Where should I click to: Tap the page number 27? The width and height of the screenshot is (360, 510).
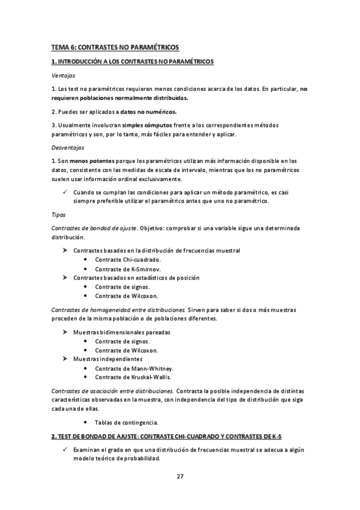point(180,476)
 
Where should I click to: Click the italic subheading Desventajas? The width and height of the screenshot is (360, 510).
point(67,147)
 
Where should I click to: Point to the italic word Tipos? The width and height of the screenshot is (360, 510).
point(58,214)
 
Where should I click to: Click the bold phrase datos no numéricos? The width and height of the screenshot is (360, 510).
point(148,111)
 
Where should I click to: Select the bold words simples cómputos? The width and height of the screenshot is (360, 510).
point(147,124)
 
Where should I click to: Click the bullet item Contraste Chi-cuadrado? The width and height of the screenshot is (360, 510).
point(127,260)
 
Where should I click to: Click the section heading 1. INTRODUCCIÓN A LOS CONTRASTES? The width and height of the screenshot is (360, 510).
point(132,62)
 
